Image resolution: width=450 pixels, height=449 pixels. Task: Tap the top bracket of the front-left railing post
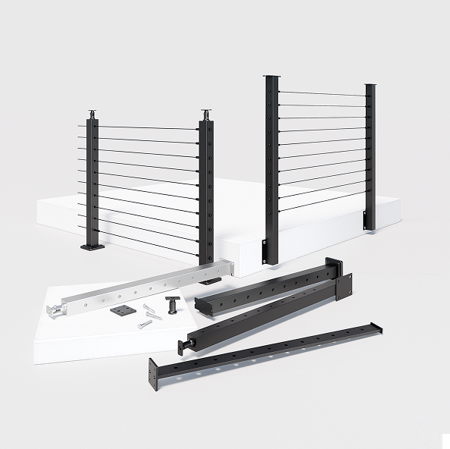206,115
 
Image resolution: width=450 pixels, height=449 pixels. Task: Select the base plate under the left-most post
94,246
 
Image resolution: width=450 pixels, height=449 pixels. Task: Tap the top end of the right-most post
370,86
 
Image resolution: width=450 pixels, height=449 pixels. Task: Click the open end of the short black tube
201,304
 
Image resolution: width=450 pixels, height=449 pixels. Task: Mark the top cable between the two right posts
322,94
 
